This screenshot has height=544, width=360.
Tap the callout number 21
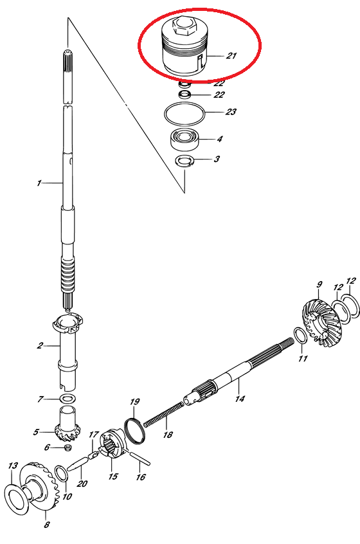tap(231, 55)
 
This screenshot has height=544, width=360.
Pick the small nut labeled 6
tap(68, 447)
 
